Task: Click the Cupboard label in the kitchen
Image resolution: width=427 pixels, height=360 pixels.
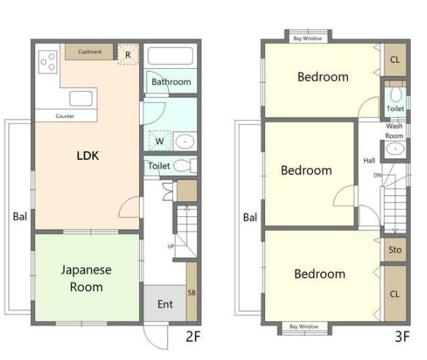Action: pyautogui.click(x=89, y=51)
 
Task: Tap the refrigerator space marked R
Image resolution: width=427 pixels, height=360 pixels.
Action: pyautogui.click(x=128, y=54)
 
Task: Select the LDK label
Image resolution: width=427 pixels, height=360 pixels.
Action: pyautogui.click(x=88, y=155)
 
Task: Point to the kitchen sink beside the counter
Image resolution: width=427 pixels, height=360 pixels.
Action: pyautogui.click(x=81, y=98)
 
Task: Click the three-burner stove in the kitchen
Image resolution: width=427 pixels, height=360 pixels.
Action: pyautogui.click(x=48, y=62)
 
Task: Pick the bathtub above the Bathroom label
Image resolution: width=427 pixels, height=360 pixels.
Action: pyautogui.click(x=170, y=56)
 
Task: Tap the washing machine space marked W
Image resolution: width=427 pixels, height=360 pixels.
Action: pyautogui.click(x=160, y=141)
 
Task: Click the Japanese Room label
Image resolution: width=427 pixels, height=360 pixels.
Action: pyautogui.click(x=86, y=278)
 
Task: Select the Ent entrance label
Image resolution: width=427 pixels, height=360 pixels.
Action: pyautogui.click(x=165, y=304)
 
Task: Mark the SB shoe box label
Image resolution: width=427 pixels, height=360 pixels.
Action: pyautogui.click(x=191, y=293)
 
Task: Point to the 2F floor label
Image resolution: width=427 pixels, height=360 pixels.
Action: pyautogui.click(x=193, y=337)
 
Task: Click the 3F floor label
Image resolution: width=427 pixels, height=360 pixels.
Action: pyautogui.click(x=402, y=337)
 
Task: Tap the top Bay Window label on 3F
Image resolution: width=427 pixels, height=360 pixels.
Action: pyautogui.click(x=308, y=38)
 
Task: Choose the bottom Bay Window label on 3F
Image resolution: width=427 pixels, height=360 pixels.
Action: pyautogui.click(x=304, y=326)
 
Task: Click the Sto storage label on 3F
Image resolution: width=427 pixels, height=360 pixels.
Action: pyautogui.click(x=395, y=249)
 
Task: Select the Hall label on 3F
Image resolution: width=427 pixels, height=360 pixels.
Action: pyautogui.click(x=369, y=161)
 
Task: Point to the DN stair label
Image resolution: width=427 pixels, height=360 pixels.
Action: pyautogui.click(x=377, y=175)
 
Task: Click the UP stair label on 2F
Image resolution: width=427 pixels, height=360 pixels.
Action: pyautogui.click(x=171, y=246)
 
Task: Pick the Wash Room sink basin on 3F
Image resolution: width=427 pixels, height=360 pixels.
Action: pyautogui.click(x=395, y=149)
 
